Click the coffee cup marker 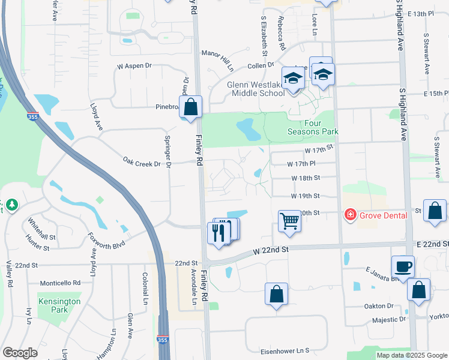point(402,266)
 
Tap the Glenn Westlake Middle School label point(256,89)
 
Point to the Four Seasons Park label point(313,127)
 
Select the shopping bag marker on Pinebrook point(190,108)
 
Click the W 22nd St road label point(271,250)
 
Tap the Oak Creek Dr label point(142,162)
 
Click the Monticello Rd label point(60,283)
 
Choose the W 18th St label point(306,178)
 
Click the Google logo point(20,352)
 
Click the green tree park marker point(11,206)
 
